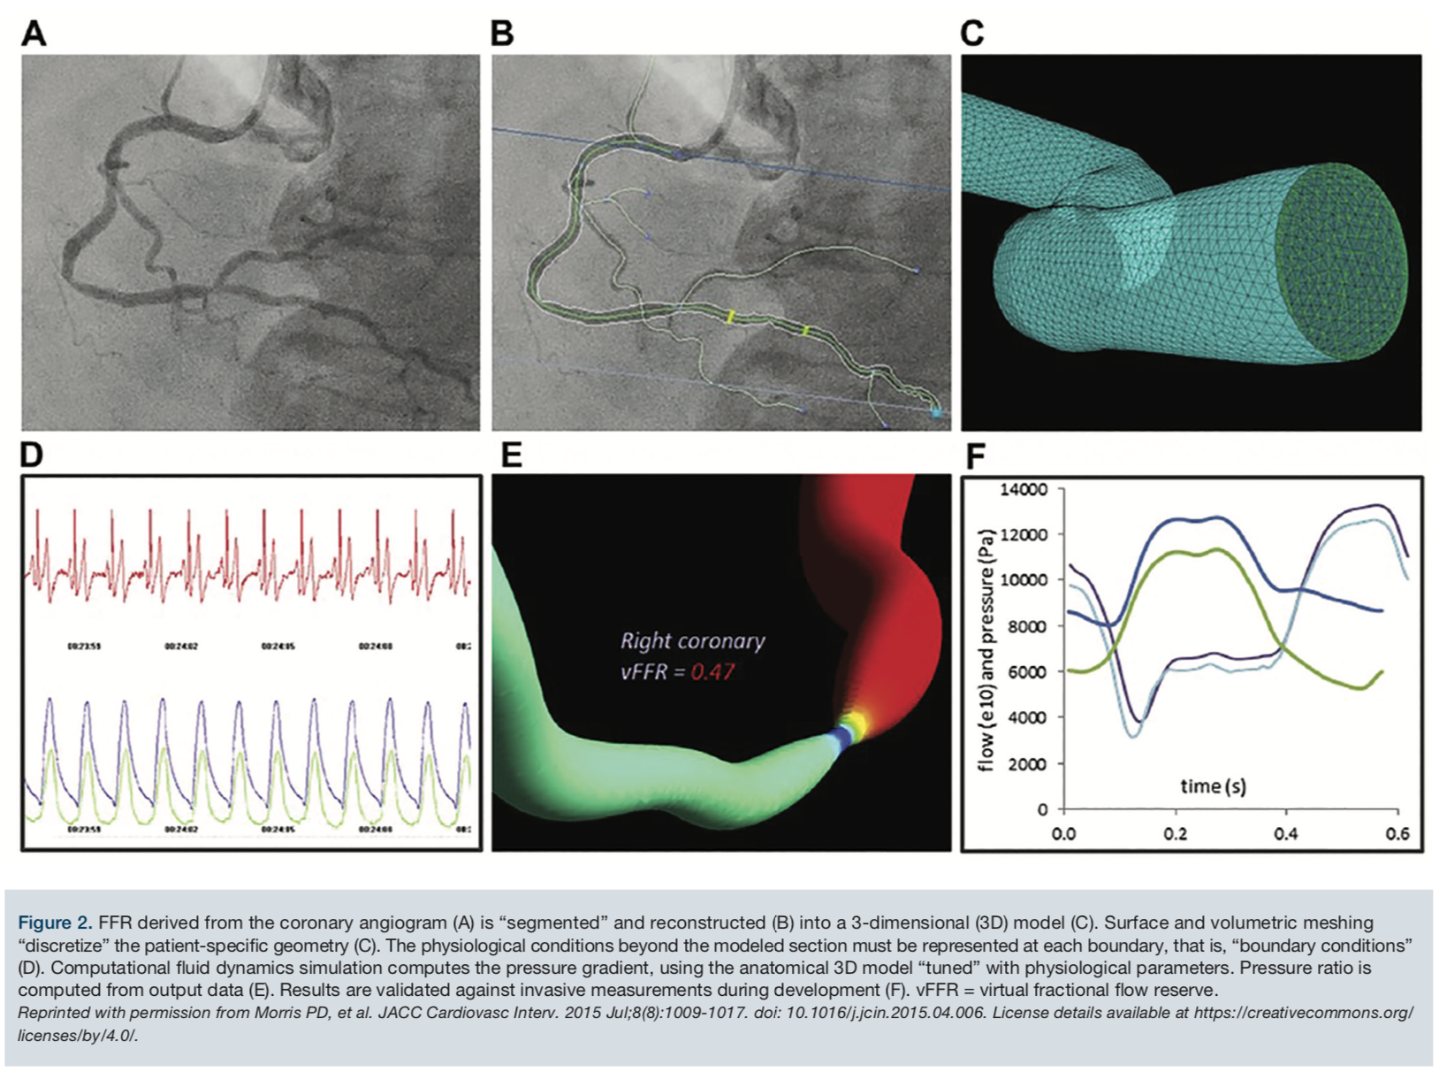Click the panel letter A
click(x=34, y=34)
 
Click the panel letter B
click(x=502, y=34)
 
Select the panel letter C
click(x=971, y=34)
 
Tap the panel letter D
click(x=31, y=455)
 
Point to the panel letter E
click(x=511, y=455)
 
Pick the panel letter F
click(x=975, y=456)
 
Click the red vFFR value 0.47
click(x=712, y=671)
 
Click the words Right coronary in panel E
click(x=692, y=640)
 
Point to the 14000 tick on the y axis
click(x=1024, y=489)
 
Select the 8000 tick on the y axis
click(x=1028, y=626)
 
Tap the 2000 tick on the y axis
click(x=1028, y=763)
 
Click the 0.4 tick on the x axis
click(x=1286, y=834)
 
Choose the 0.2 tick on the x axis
click(x=1176, y=834)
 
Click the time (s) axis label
click(x=1213, y=785)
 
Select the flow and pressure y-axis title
click(x=986, y=649)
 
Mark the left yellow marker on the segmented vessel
click(x=731, y=316)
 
